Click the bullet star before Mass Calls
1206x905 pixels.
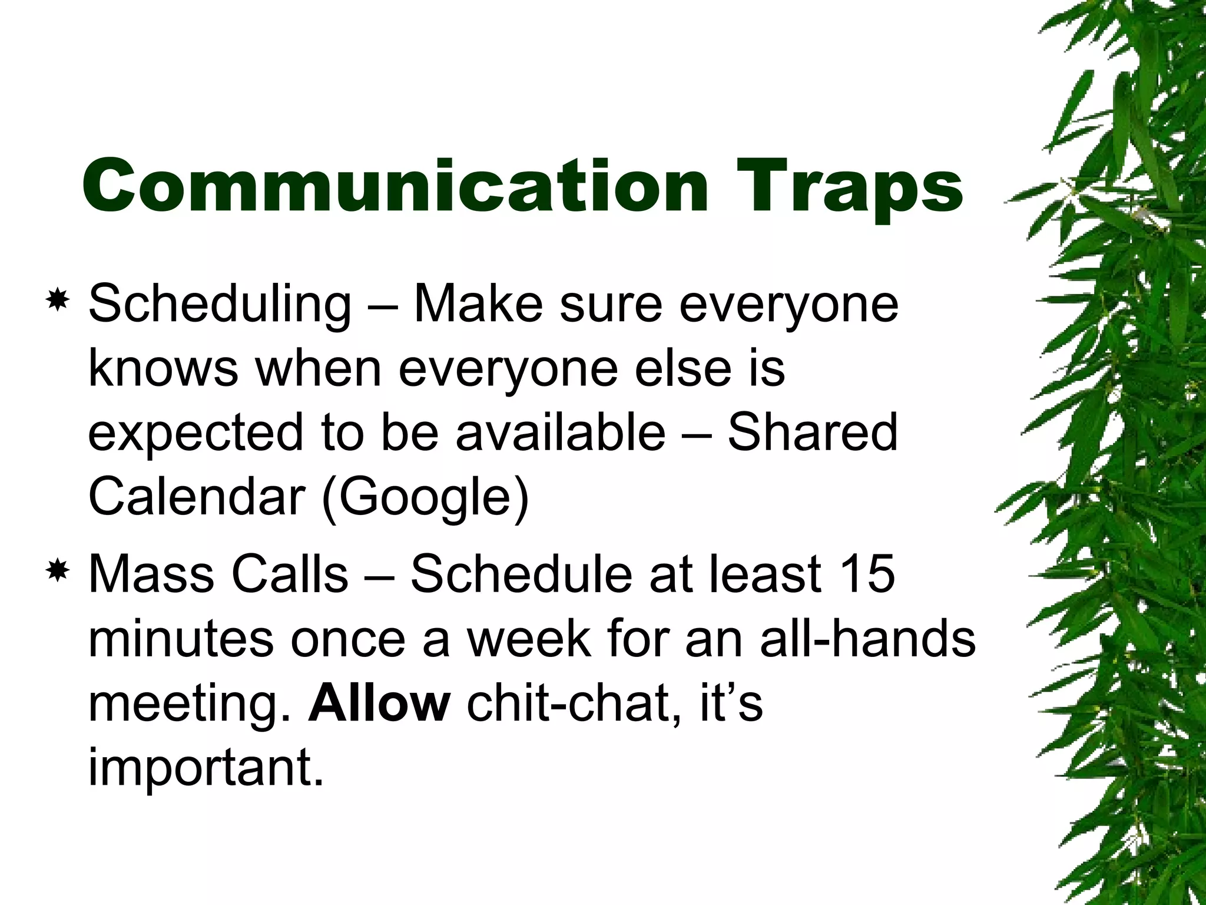tap(58, 571)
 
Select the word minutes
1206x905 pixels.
tap(181, 639)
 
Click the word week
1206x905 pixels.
tap(528, 639)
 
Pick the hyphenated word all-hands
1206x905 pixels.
tap(867, 639)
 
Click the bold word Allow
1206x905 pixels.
tap(379, 703)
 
